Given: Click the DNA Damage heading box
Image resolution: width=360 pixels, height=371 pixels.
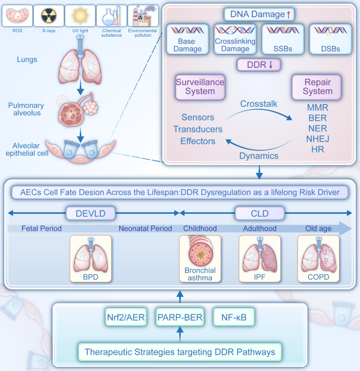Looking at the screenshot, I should click(259, 14).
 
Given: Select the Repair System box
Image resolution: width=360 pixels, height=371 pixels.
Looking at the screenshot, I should click(315, 86).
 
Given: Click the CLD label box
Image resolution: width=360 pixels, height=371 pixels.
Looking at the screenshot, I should click(260, 213).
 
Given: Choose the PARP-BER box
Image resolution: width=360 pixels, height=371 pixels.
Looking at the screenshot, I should click(179, 317).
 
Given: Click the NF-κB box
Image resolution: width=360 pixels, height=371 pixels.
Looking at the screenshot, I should click(234, 317).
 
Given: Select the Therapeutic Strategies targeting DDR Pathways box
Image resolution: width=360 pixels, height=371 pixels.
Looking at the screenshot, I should click(179, 352).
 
